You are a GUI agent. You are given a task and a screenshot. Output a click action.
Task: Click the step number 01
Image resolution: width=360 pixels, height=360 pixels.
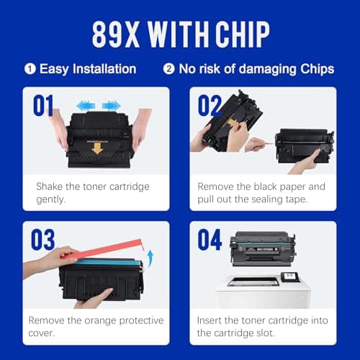point(43,105)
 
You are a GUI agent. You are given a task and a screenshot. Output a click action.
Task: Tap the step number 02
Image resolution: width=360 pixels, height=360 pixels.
point(210,105)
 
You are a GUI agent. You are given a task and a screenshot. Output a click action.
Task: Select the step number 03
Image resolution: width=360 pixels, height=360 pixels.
point(43,239)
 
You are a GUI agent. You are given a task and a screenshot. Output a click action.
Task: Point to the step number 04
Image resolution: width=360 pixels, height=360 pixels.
point(210,239)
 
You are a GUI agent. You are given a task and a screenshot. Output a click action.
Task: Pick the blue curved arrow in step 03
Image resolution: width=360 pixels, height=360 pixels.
point(150,256)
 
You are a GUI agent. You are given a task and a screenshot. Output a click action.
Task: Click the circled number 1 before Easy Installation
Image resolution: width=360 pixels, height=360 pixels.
point(30,70)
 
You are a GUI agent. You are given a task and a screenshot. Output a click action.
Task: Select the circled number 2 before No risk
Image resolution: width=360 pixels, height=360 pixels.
point(168,70)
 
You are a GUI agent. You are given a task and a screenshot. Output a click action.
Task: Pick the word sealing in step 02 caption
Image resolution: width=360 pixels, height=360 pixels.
point(266,199)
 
